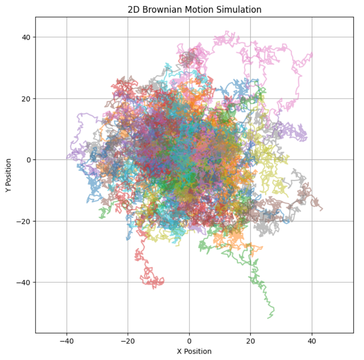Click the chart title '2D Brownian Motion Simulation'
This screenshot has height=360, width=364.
point(194,9)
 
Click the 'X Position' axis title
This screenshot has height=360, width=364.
point(194,351)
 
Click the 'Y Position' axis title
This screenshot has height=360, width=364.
point(8,175)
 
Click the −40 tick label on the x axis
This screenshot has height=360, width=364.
point(66,340)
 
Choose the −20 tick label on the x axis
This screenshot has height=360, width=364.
point(128,340)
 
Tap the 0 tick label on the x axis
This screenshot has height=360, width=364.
point(189,340)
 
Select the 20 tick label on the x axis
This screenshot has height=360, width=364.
point(250,340)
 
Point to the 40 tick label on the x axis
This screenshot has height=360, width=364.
point(312,340)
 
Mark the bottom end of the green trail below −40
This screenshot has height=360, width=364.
point(268,318)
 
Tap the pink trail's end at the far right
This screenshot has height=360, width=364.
point(312,53)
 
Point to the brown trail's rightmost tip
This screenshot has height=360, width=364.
point(322,209)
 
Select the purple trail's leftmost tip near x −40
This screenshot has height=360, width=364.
point(67,158)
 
